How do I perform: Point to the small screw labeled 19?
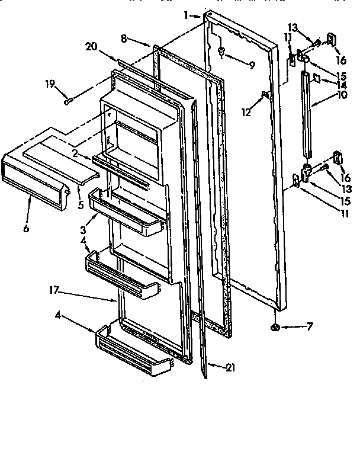[x=69, y=101]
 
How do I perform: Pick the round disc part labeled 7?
[x=275, y=327]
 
